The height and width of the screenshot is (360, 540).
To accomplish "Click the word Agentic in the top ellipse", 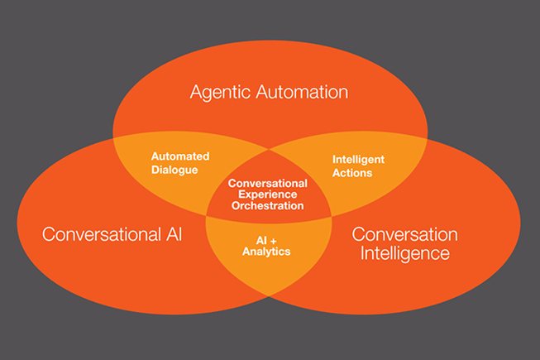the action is point(220,93).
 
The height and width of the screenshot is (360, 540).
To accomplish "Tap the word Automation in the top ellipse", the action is point(302,92).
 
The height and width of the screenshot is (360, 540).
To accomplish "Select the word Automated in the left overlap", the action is point(180,156).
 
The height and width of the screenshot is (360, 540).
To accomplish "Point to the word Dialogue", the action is point(174,170).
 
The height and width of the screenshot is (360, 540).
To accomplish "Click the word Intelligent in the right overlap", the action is point(358,160).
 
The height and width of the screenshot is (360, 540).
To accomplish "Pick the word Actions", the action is point(352,173).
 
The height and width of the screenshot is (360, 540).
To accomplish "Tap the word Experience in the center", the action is point(268,194).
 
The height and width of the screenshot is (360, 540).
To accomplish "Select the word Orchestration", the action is point(268,206).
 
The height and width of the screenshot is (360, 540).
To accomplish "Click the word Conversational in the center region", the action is point(268,183).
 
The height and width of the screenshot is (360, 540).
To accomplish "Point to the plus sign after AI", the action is point(274,241).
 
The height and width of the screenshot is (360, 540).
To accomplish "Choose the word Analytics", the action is point(266,252).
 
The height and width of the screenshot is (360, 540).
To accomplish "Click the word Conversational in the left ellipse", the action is point(102,234).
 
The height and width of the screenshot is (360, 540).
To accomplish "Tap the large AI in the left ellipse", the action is point(174,234).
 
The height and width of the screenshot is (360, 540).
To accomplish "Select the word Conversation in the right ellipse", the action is point(404,234).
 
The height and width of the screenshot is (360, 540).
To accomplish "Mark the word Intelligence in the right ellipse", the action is point(405,254).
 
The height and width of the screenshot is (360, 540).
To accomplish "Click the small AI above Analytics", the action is point(261,241).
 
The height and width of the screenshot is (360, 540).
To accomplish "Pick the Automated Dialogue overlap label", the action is point(180,163).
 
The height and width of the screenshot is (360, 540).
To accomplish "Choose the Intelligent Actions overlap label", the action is point(358,166).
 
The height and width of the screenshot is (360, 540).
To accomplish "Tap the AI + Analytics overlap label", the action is point(266,247).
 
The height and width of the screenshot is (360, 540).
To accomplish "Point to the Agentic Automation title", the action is point(270,93).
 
